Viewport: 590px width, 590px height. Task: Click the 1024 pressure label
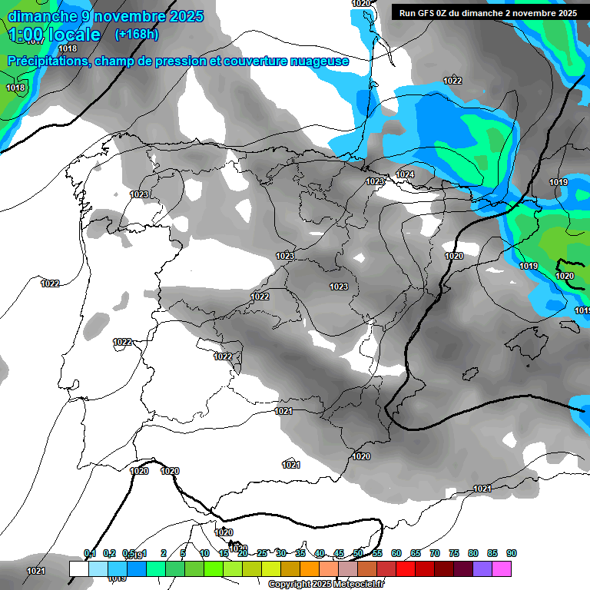405,175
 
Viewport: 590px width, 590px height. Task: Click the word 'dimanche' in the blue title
42,15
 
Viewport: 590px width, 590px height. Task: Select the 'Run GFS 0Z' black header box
488,12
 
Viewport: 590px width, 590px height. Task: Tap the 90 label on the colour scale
511,553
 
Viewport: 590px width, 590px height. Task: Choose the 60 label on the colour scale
396,553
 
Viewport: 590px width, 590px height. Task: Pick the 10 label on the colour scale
204,553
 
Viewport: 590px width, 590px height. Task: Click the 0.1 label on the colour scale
89,553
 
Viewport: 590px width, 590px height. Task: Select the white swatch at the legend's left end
78,568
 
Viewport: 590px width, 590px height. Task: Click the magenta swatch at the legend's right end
502,568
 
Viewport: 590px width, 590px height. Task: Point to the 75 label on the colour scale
453,553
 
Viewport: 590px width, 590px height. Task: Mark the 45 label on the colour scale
339,553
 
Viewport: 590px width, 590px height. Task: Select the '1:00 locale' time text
54,35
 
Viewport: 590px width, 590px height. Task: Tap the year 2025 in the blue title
181,15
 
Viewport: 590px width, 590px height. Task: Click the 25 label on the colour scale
262,553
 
